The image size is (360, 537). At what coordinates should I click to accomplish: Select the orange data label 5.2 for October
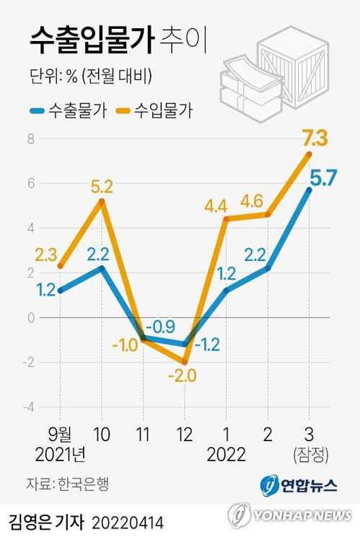[101, 187]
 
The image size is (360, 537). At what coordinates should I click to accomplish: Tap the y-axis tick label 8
[30, 139]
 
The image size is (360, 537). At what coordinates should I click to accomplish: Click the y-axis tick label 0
[30, 318]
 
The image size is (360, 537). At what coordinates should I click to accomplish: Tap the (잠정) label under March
[310, 455]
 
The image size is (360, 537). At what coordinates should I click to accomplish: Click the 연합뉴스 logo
[298, 484]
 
